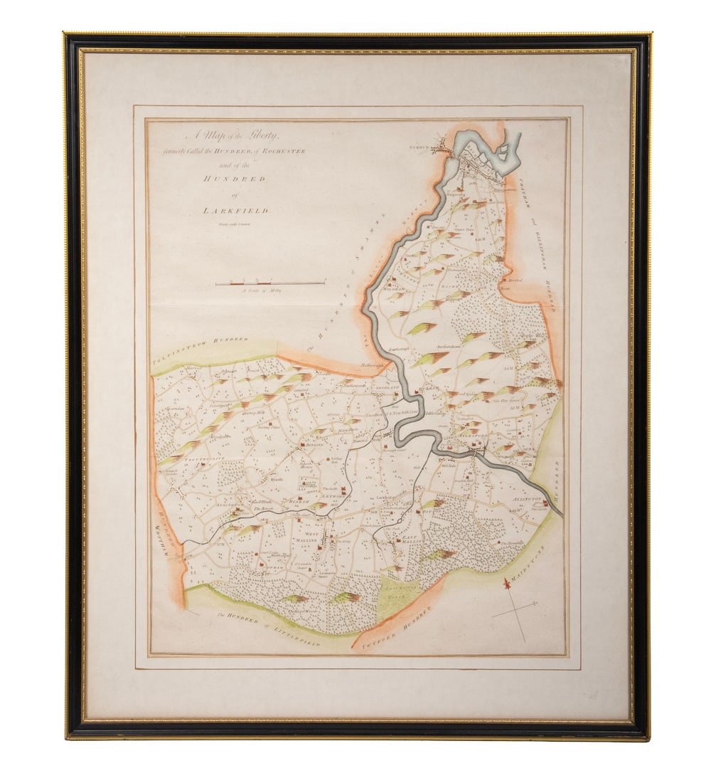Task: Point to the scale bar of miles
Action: click(x=270, y=283)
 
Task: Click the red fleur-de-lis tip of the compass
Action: click(x=507, y=584)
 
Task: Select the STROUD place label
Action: click(x=420, y=148)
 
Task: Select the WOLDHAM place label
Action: click(x=393, y=290)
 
